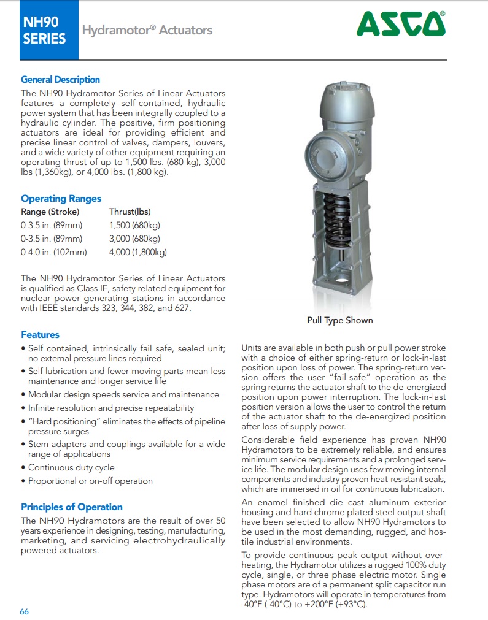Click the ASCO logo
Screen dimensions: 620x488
click(401, 25)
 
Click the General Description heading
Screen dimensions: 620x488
click(60, 80)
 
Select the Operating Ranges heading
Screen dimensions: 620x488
click(61, 199)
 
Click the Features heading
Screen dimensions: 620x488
click(40, 335)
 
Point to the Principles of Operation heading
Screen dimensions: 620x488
click(72, 507)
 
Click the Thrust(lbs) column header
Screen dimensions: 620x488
click(130, 212)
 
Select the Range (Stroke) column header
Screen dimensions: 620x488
click(50, 212)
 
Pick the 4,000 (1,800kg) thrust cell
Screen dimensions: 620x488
click(138, 252)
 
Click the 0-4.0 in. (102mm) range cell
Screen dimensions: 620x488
click(54, 252)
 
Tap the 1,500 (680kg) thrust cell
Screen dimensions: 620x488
click(134, 226)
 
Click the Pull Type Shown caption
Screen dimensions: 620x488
click(340, 320)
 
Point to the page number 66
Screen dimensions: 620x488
click(25, 611)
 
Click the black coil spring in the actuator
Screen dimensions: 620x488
click(337, 224)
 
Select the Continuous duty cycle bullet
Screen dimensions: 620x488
click(71, 468)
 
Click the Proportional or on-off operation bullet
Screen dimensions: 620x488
click(90, 481)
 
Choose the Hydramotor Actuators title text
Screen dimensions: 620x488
click(147, 30)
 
